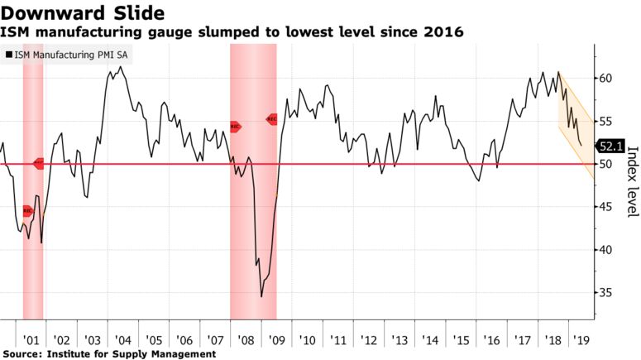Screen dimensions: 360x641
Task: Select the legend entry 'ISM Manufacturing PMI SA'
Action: (x=70, y=56)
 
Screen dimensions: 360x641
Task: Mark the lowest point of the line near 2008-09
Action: (x=261, y=296)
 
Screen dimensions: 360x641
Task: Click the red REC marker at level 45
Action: (x=27, y=211)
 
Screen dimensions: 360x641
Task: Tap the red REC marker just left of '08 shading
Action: (x=235, y=127)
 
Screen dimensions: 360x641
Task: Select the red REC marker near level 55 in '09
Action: (x=272, y=119)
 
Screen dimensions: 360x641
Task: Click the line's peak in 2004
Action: (x=121, y=67)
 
